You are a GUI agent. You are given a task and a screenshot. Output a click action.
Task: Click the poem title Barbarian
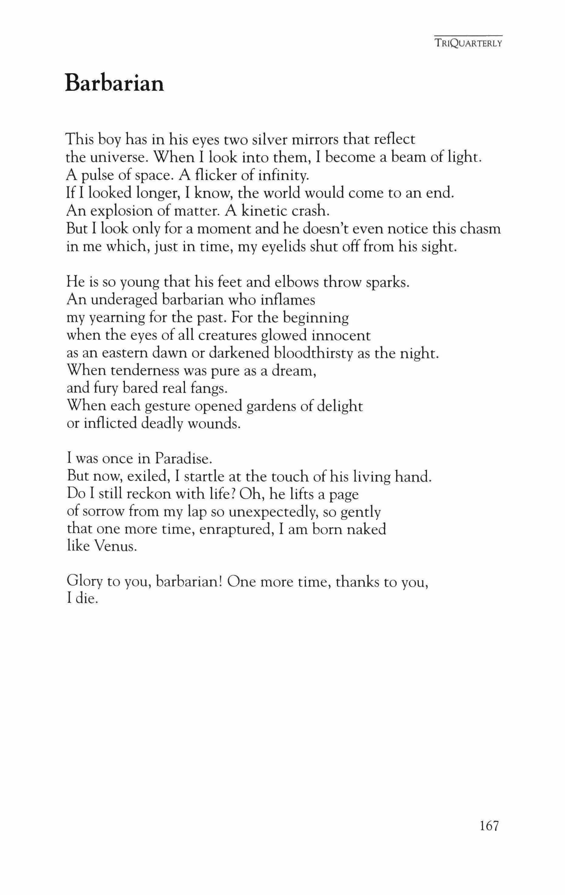point(114,84)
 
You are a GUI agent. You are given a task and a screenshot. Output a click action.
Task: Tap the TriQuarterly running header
point(469,43)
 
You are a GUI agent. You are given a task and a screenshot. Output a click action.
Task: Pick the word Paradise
point(183,459)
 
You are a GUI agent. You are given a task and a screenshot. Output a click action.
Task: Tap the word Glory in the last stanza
point(84,582)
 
